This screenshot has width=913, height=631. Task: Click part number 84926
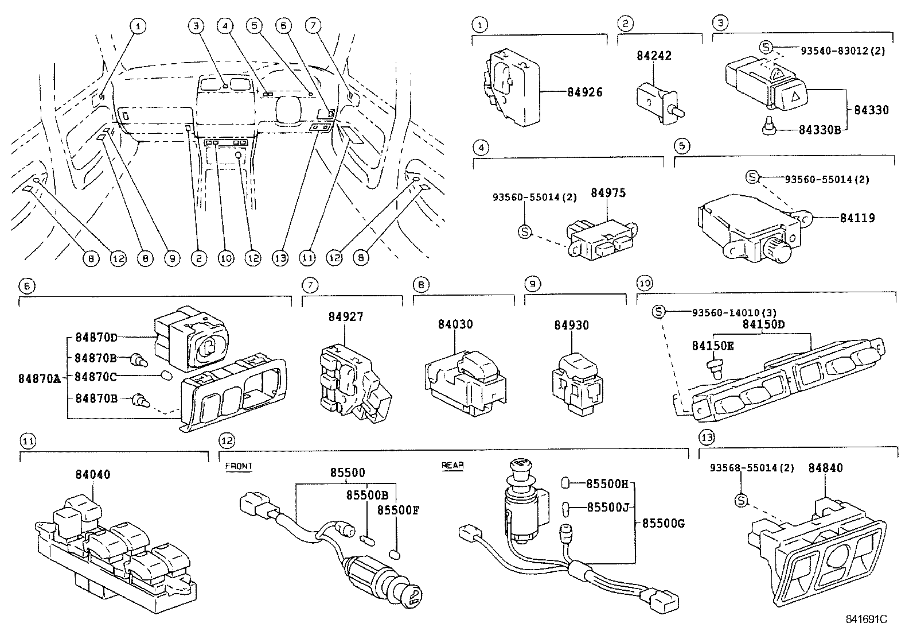[584, 92]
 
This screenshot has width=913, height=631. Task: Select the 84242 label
[653, 56]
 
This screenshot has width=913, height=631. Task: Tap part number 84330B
[819, 130]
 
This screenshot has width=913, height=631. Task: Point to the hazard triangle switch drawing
[766, 88]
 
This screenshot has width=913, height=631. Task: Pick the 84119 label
[857, 218]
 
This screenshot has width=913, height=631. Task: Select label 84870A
[38, 378]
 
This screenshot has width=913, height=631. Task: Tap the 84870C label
[96, 377]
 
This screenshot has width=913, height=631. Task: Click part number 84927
[346, 317]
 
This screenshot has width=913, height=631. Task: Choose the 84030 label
[455, 324]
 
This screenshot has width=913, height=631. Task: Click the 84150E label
[713, 346]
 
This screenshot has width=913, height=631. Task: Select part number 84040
[92, 474]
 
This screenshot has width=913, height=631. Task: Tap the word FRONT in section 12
[239, 466]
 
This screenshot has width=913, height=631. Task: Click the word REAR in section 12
[452, 466]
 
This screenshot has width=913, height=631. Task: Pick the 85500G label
[664, 523]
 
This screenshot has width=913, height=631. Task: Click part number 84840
[825, 468]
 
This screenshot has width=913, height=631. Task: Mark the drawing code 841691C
[866, 620]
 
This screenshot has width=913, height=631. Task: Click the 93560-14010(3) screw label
[734, 312]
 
